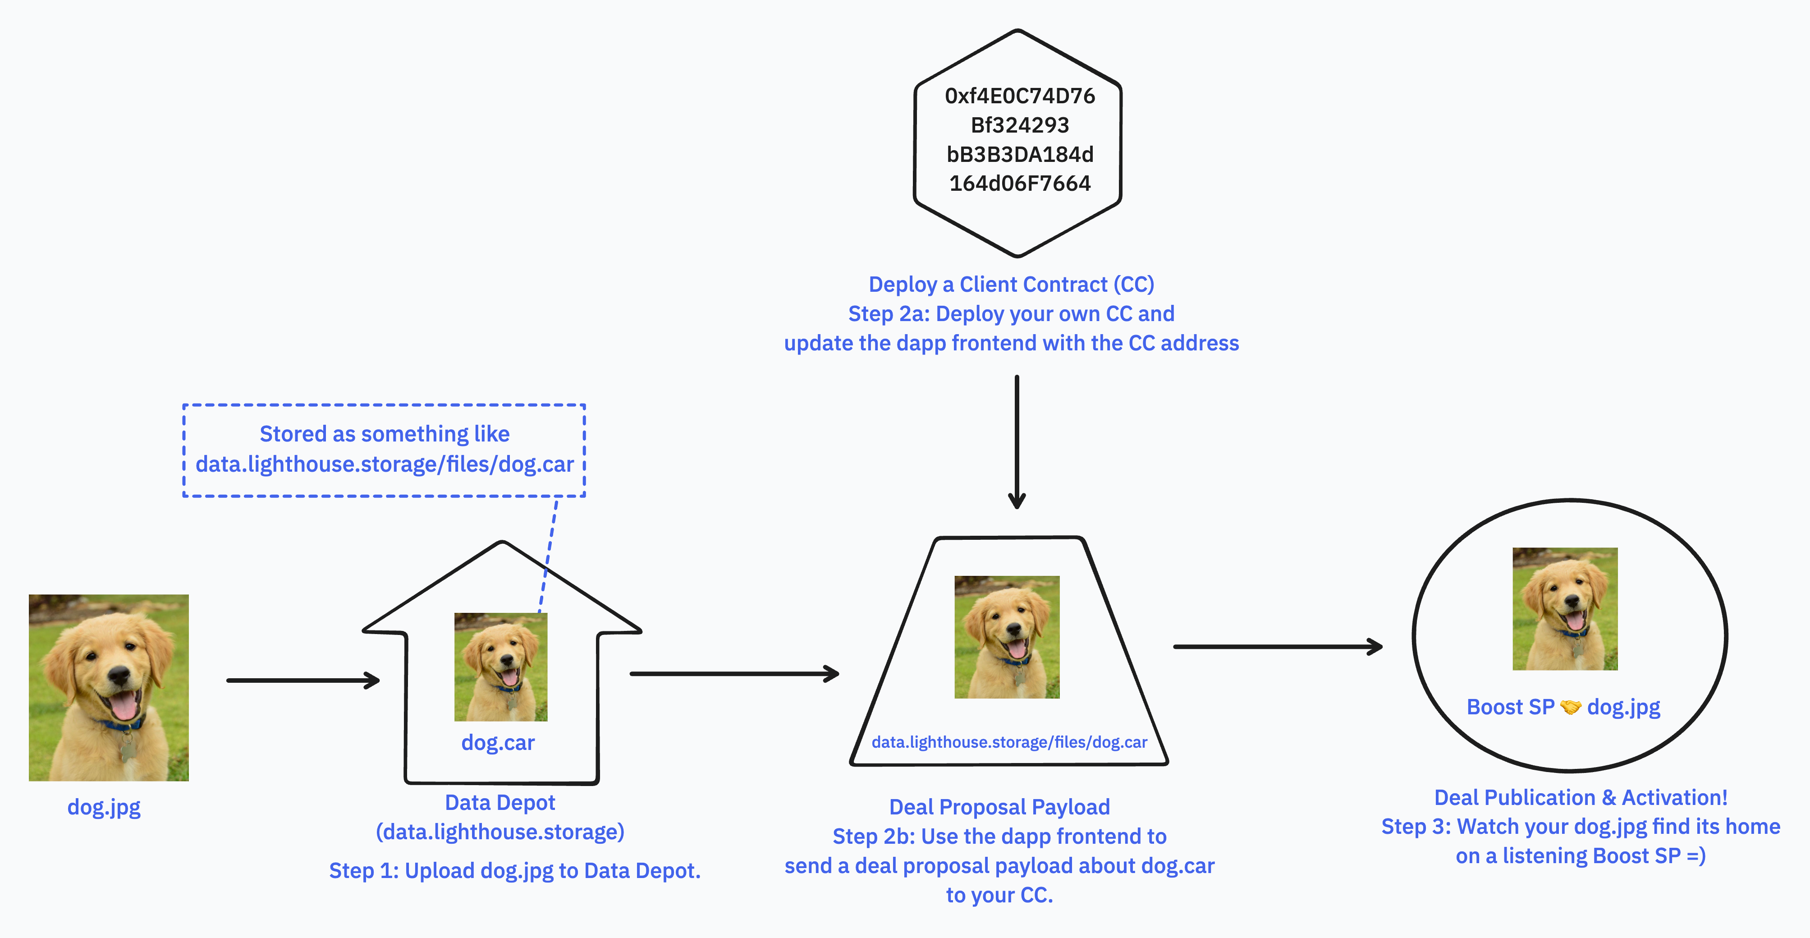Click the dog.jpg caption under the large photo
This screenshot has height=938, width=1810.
click(104, 807)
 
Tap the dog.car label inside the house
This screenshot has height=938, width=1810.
click(498, 743)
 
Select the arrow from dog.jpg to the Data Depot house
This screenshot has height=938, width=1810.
click(303, 680)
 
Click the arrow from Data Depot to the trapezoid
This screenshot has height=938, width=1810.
click(734, 674)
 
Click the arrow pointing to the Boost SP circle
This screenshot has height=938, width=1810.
click(1278, 646)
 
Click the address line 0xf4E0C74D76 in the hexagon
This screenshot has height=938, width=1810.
click(1020, 96)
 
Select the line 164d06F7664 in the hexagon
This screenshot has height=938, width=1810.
click(1020, 184)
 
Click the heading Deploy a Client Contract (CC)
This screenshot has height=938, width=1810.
click(1011, 285)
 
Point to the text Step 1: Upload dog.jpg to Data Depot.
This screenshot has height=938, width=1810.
click(514, 871)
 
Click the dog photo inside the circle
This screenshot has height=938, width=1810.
click(1565, 608)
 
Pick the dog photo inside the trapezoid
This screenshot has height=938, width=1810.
click(1006, 637)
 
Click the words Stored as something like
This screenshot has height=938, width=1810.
click(385, 434)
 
